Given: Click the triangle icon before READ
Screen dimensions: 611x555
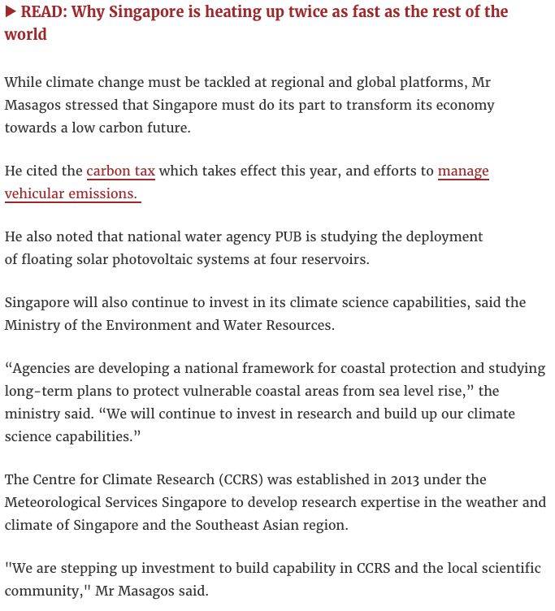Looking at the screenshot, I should (10, 12).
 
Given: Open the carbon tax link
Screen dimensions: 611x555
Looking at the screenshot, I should (120, 171).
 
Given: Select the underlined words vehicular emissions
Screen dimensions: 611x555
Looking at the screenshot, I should (71, 193).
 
